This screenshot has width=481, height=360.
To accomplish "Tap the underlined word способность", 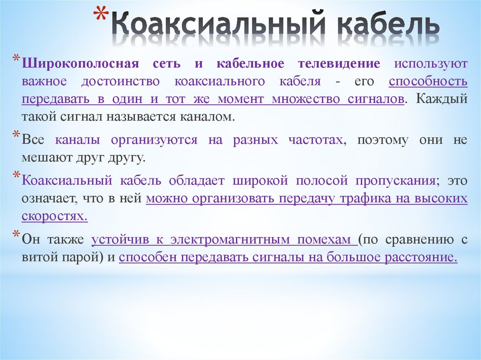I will pyautogui.click(x=428, y=81).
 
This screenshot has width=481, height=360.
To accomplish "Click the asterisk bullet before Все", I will pyautogui.click(x=16, y=136).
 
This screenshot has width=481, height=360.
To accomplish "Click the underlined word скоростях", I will pyautogui.click(x=54, y=216).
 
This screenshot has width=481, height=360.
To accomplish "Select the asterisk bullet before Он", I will pyautogui.click(x=16, y=236).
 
